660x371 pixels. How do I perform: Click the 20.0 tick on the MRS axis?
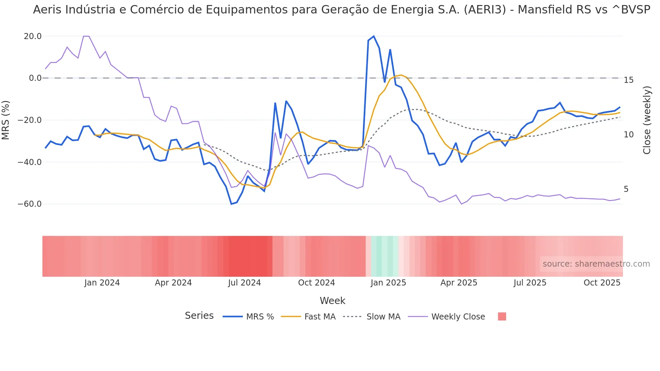pos(33,36)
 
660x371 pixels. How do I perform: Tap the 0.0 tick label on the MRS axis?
pos(35,78)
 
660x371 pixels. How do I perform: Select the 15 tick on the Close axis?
pos(628,80)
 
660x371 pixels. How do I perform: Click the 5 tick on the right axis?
pos(626,189)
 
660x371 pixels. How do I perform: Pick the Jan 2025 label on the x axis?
pos(388,283)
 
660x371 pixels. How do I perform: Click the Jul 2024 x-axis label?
pos(244,283)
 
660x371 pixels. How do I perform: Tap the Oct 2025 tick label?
pos(602,283)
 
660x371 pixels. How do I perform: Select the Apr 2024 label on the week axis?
pos(173,283)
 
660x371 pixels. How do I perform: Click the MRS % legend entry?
pos(260,317)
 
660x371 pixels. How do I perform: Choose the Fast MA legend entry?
pos(320,317)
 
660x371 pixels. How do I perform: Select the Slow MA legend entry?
pos(383,317)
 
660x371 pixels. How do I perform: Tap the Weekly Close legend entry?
pos(458,317)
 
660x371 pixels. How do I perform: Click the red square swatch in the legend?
pos(502,316)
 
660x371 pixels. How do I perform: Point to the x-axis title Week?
pos(332,301)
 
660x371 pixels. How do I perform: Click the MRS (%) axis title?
pos(6,120)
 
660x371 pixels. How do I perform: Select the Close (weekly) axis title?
pos(647,120)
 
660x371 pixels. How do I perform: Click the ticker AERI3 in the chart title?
pos(485,10)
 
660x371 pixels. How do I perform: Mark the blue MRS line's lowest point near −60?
pos(231,204)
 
